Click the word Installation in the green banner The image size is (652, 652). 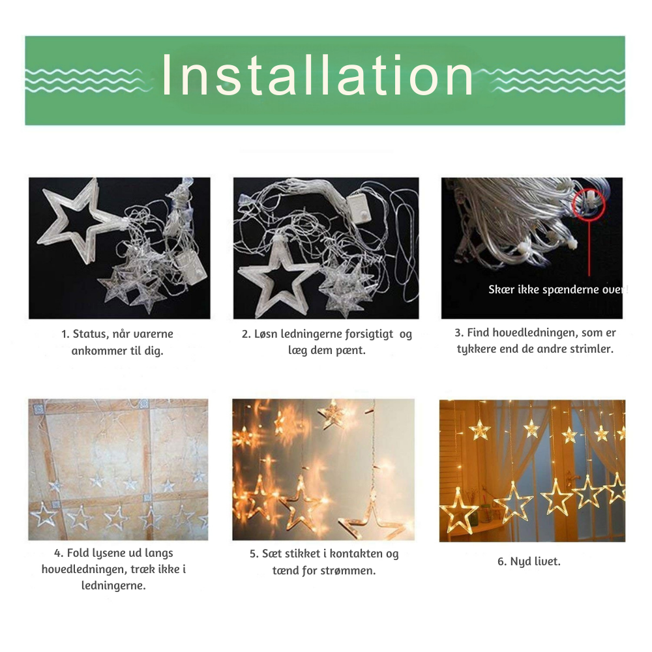[x=318, y=75]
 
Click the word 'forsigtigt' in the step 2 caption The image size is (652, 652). [x=369, y=334]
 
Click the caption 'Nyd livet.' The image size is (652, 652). [x=529, y=561]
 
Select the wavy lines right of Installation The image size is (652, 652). [x=555, y=80]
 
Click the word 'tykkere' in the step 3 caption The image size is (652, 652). [x=477, y=349]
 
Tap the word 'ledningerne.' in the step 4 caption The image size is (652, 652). [x=113, y=586]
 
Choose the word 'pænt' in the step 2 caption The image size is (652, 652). [x=350, y=351]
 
